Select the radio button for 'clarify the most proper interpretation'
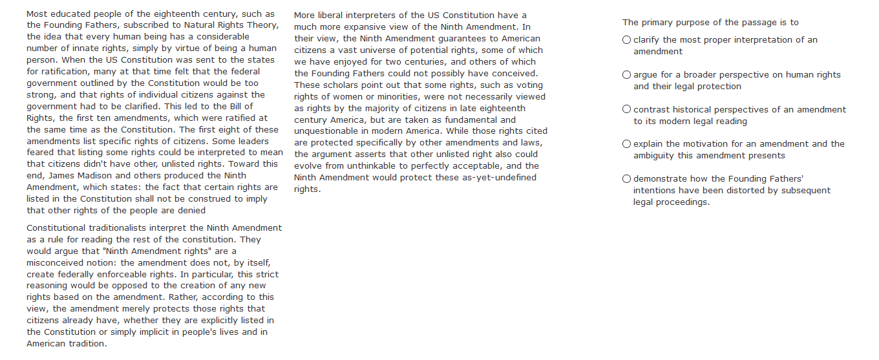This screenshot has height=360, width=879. coord(626,40)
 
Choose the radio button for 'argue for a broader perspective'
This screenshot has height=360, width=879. coord(626,75)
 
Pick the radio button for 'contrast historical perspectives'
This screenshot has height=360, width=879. coord(626,110)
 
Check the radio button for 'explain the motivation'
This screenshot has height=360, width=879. coord(626,144)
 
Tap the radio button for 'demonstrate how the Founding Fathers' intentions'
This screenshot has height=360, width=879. coord(626,179)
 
